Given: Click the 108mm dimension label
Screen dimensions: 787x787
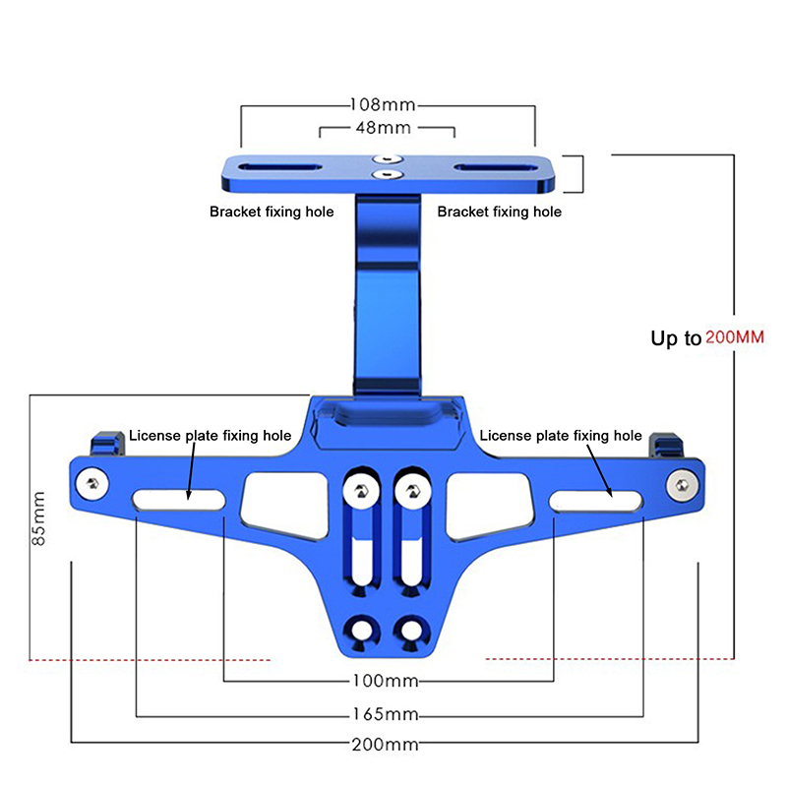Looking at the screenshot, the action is point(383,105).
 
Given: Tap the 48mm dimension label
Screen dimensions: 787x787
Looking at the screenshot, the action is point(384,128).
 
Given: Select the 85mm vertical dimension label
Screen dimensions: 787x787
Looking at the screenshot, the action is point(38,518).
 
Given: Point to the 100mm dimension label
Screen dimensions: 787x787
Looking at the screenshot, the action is point(386,681).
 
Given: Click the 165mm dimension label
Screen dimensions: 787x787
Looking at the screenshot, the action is point(386,714).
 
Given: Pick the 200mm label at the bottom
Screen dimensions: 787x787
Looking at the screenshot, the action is point(385,744).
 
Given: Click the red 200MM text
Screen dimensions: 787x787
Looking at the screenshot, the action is point(735,336).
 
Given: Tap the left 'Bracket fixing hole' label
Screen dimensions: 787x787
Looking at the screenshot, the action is point(272,212).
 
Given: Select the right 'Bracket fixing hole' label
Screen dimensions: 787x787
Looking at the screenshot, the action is point(500,212).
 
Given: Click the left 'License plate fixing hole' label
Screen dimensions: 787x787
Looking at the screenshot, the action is point(211,436).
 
